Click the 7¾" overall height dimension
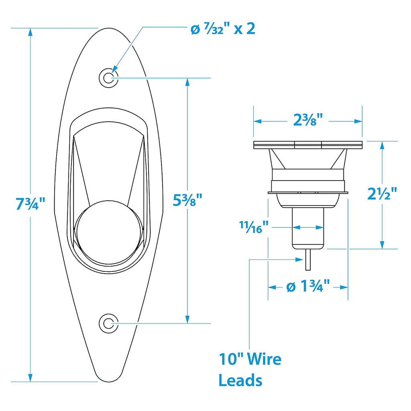click(x=31, y=203)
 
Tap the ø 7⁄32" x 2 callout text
click(x=223, y=29)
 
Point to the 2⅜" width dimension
click(x=308, y=120)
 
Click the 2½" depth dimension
click(x=382, y=194)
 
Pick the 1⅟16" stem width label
click(x=254, y=227)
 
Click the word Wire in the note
click(x=265, y=359)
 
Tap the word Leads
click(x=240, y=380)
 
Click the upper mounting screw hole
click(x=108, y=78)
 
